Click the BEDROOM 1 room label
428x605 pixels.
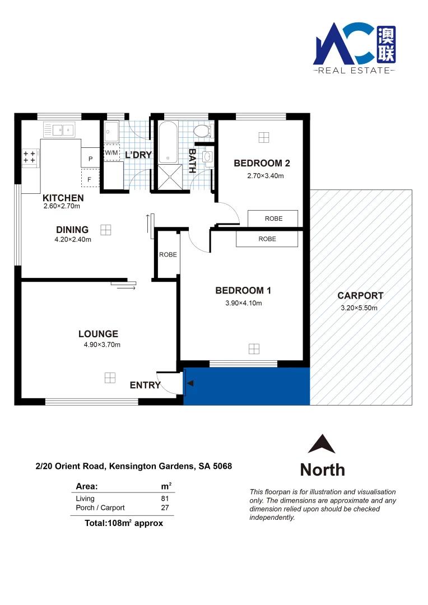(243, 290)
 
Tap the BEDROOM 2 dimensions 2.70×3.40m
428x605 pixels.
(266, 175)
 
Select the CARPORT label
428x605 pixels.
(360, 296)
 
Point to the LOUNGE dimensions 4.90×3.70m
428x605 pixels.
(102, 345)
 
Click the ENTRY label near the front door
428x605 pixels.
(145, 385)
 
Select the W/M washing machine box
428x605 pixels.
(111, 153)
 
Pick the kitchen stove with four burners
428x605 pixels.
(29, 157)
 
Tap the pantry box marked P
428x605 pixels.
(90, 159)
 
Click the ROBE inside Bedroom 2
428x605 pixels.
(273, 218)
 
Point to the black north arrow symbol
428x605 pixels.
(322, 444)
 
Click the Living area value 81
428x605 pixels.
(164, 498)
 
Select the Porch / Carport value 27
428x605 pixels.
(164, 508)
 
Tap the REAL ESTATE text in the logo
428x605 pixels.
(353, 71)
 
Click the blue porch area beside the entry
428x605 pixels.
(246, 387)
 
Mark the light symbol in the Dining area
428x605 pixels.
(106, 230)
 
